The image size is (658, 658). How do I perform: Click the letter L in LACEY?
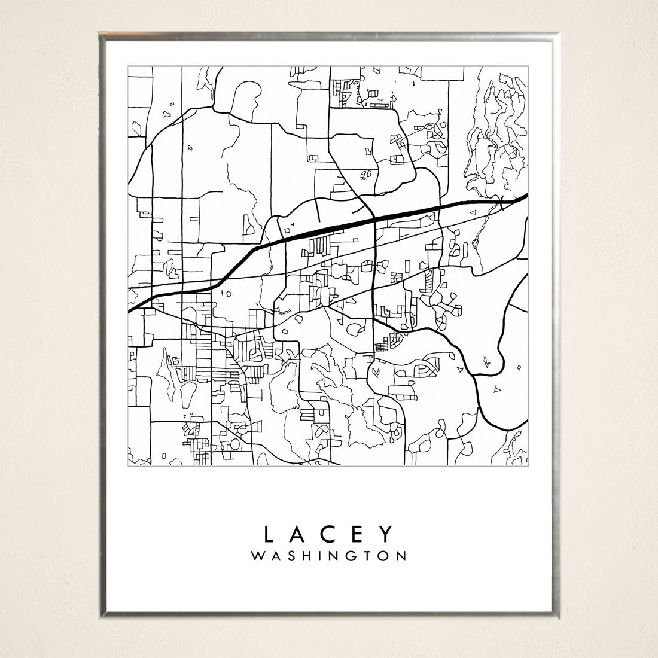269,533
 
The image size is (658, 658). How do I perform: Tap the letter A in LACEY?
298,533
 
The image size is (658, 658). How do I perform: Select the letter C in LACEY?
328,533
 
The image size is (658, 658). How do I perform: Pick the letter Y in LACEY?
387,533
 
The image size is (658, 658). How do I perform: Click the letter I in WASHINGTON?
319,556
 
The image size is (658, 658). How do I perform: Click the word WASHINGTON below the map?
329,556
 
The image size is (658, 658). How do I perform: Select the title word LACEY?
328,533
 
